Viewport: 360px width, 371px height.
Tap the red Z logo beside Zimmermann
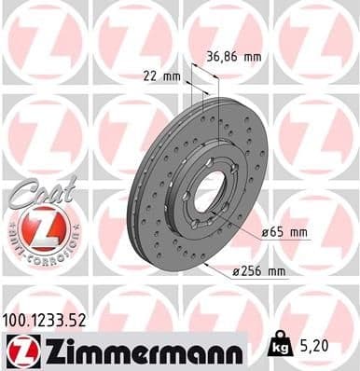[20, 350]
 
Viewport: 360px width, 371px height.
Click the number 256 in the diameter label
[256, 271]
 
